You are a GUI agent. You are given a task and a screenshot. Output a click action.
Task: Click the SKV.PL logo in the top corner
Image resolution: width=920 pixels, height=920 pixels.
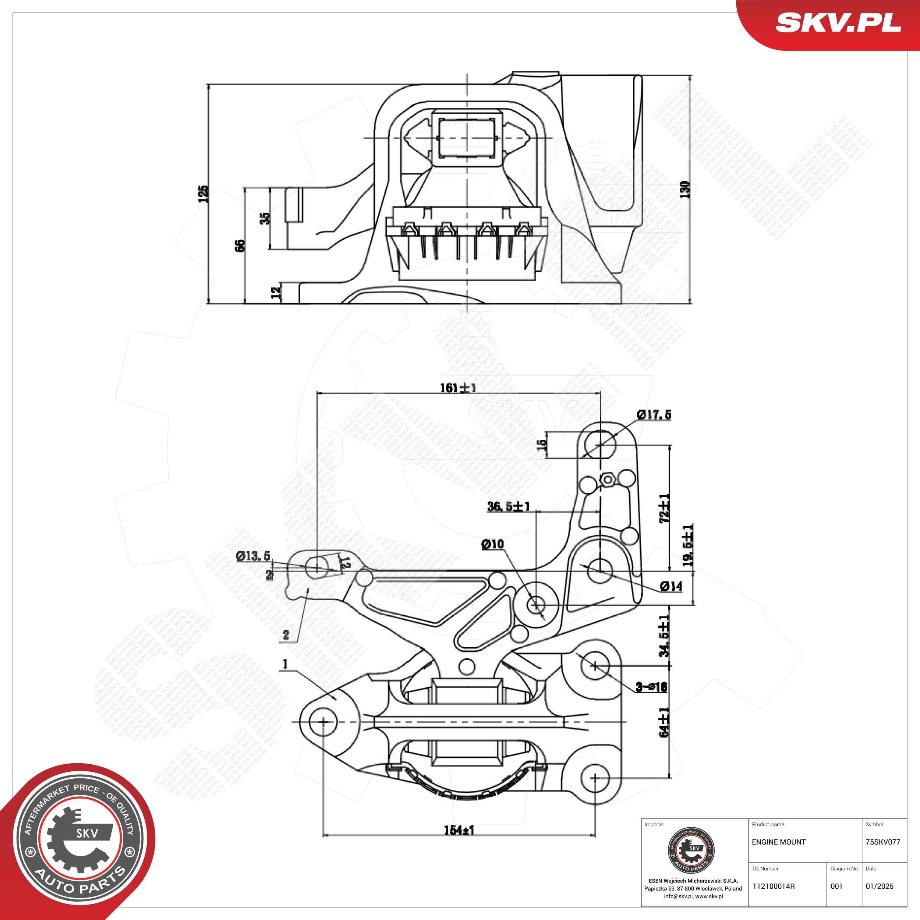coord(838,22)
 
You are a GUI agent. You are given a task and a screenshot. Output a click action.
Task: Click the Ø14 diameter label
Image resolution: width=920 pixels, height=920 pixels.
coord(672,587)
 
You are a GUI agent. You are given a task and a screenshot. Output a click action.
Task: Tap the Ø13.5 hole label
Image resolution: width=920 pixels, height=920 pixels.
coord(253,556)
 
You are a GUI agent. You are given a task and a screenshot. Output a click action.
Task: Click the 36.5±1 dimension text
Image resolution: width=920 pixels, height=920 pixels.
coord(509,506)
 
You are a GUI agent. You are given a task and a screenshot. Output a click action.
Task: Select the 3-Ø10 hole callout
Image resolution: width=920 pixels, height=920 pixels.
coord(651,687)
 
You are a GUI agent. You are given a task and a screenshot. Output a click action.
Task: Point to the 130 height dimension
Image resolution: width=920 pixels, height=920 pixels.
coord(684,190)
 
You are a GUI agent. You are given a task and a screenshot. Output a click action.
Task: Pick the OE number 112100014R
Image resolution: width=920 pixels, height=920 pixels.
coord(774,886)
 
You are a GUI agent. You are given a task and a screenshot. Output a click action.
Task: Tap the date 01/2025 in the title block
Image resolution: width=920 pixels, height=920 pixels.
coord(880,886)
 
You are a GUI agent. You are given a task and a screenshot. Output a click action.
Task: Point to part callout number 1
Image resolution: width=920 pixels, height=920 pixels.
coord(285,664)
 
